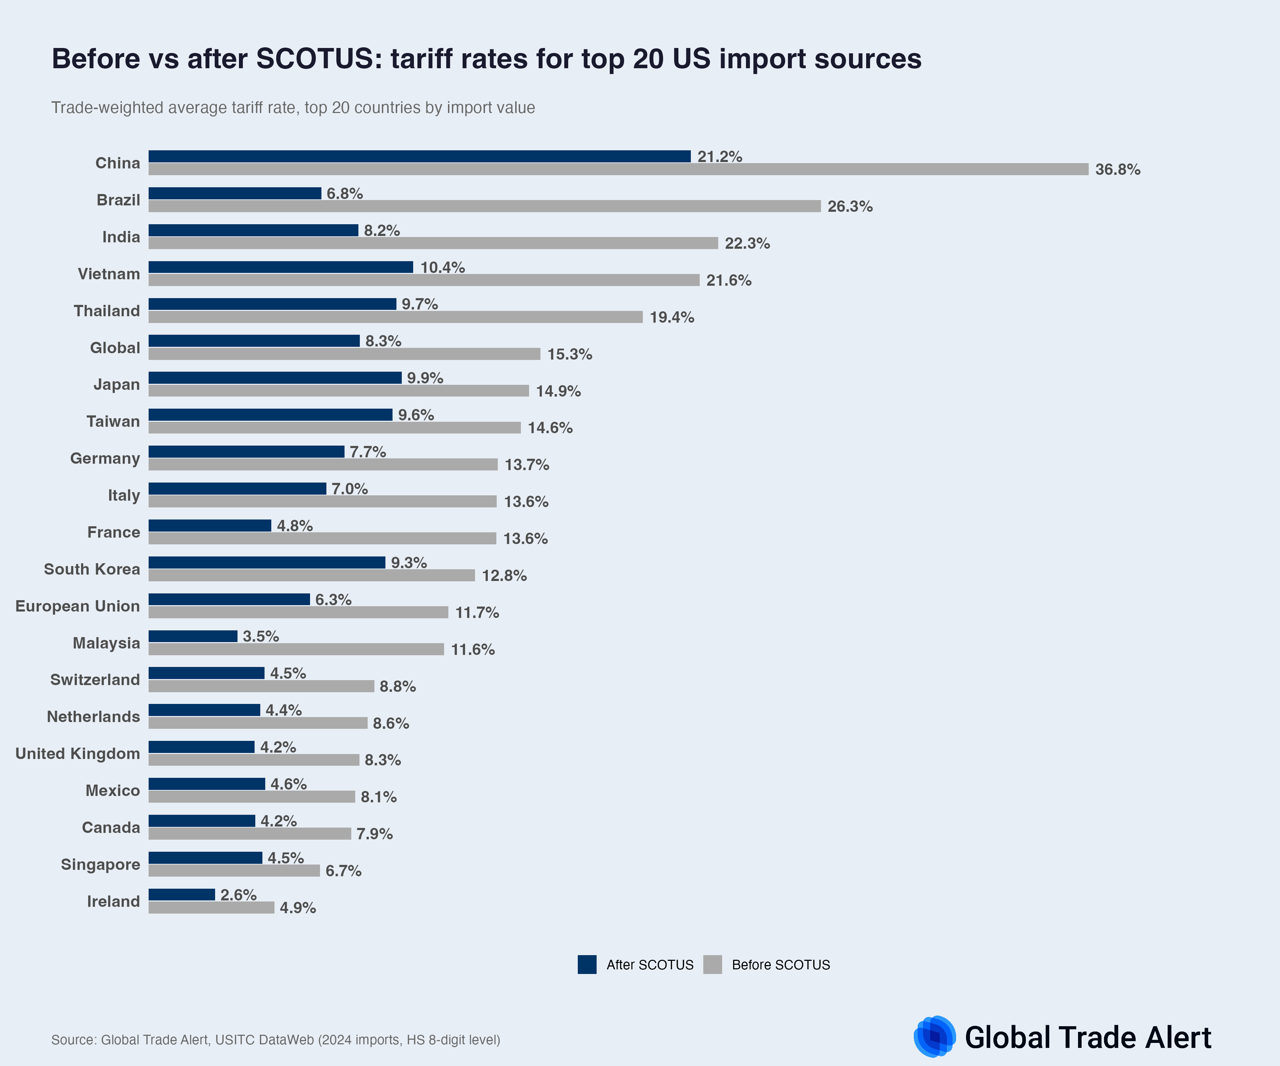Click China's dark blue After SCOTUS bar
(419, 157)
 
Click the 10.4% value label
(443, 268)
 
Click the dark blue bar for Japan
(275, 378)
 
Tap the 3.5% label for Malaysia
(261, 636)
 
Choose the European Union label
(78, 606)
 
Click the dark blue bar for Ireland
(182, 895)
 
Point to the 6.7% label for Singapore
(343, 871)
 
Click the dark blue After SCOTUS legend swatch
(587, 965)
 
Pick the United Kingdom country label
(78, 754)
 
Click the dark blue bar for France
(210, 526)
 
